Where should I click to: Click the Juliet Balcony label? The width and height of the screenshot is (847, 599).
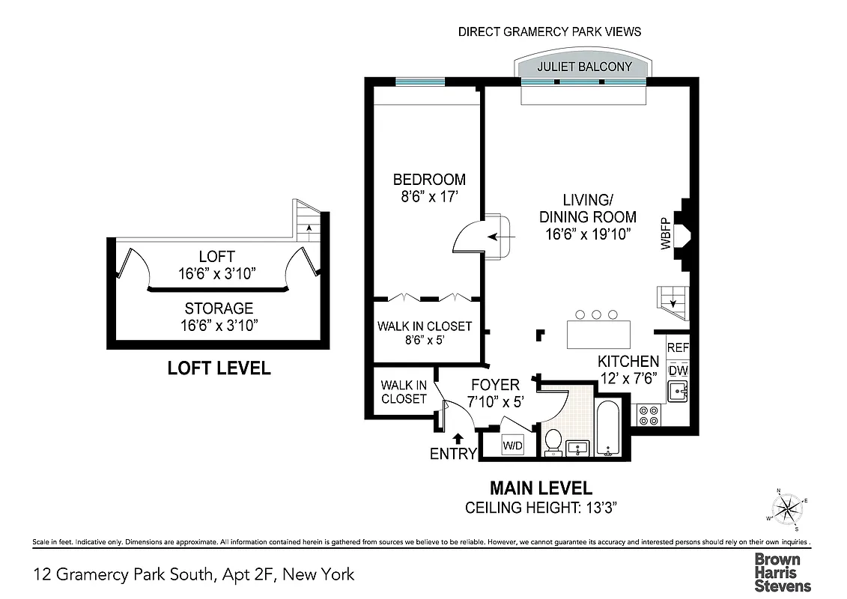tap(584, 67)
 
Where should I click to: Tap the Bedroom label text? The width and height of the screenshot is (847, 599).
tap(429, 180)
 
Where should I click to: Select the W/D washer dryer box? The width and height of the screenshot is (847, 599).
tap(512, 445)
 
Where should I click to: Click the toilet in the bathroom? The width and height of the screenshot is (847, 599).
tap(554, 442)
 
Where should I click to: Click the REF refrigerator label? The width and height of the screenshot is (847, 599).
tap(677, 348)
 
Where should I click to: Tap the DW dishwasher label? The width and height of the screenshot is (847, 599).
tap(677, 370)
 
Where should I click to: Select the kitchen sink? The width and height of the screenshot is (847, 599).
tap(677, 391)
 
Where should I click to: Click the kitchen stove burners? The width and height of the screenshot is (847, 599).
tap(646, 415)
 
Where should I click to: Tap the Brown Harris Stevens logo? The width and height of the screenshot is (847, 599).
tap(782, 572)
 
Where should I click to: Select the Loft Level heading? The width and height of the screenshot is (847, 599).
tap(218, 368)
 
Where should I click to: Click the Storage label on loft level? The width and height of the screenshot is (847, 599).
tap(219, 308)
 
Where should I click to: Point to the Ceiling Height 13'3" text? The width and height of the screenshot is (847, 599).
tap(541, 508)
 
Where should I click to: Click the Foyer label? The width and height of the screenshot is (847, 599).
tap(495, 385)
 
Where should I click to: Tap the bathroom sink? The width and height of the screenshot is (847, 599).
tap(577, 449)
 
